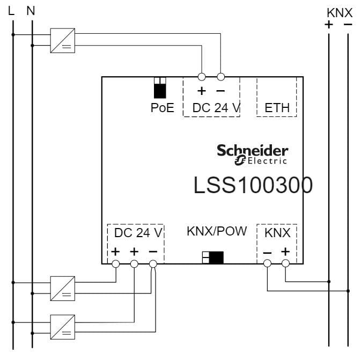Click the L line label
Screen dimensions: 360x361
(12, 10)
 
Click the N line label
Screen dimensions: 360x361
(31, 10)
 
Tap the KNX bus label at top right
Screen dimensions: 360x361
(340, 12)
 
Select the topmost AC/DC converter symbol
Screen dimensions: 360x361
(63, 40)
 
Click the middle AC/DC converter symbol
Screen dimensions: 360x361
(63, 289)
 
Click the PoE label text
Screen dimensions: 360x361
(162, 108)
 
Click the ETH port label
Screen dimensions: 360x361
(277, 108)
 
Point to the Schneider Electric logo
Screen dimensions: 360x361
(252, 154)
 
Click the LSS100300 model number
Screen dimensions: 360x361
(253, 185)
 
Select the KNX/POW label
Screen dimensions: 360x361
(217, 231)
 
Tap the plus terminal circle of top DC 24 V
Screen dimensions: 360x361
(202, 77)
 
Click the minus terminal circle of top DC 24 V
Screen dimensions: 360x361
(220, 77)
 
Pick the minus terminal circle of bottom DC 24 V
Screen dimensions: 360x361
(153, 263)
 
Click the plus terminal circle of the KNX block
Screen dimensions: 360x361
(285, 263)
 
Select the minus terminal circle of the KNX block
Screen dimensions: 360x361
(267, 263)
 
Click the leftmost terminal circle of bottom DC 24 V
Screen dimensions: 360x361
(116, 263)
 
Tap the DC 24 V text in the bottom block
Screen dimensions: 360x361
(138, 233)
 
